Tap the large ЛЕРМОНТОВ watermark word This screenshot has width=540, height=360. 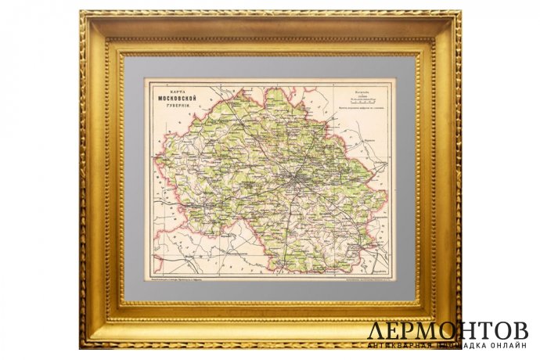(x=448, y=330)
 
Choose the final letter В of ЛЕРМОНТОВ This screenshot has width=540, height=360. (x=519, y=330)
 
